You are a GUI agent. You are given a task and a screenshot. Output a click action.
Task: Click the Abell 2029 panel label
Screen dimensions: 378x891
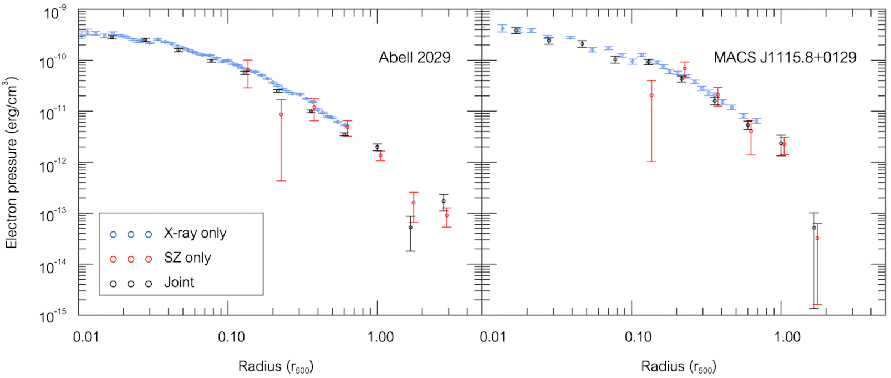pyautogui.click(x=414, y=57)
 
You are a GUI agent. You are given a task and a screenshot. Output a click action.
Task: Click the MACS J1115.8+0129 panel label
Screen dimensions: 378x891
pyautogui.click(x=785, y=57)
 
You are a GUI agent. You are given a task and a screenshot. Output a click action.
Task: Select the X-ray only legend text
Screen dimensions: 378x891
pyautogui.click(x=195, y=233)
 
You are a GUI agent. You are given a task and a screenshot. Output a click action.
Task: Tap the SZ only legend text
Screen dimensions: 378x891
pyautogui.click(x=187, y=258)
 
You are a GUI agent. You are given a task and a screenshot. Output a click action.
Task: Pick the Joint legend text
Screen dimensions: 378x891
pyautogui.click(x=179, y=283)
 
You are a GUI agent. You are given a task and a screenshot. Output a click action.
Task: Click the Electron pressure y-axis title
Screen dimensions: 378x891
pyautogui.click(x=12, y=163)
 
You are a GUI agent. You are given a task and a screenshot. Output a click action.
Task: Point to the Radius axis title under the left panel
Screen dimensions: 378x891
pyautogui.click(x=276, y=366)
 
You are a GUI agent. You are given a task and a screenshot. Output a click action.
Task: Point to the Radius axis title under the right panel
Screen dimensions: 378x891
pyautogui.click(x=679, y=366)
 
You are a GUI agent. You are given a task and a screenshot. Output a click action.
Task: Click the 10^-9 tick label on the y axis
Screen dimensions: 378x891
pyautogui.click(x=55, y=12)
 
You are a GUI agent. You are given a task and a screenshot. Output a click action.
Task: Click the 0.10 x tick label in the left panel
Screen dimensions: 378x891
pyautogui.click(x=231, y=337)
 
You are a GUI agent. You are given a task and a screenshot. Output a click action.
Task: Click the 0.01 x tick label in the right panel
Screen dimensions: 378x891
pyautogui.click(x=492, y=337)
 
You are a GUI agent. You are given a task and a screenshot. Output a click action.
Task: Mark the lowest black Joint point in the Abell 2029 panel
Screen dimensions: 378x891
pyautogui.click(x=410, y=228)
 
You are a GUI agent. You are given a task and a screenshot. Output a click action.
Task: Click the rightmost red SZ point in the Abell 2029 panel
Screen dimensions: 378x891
pyautogui.click(x=447, y=215)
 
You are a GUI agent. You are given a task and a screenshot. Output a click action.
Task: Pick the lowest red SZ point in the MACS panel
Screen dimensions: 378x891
pyautogui.click(x=818, y=239)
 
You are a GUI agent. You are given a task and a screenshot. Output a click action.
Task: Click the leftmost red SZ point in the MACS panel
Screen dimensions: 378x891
pyautogui.click(x=651, y=95)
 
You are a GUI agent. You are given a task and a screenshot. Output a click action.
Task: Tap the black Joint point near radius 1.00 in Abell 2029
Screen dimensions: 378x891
pyautogui.click(x=377, y=147)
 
